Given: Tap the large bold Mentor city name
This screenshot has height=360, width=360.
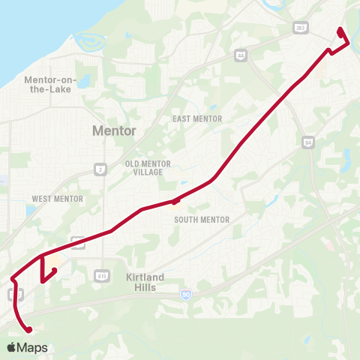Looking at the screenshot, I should point(114,130).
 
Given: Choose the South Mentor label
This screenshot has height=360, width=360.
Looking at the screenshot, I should point(202,220).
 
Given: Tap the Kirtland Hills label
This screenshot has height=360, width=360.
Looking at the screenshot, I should point(145,282).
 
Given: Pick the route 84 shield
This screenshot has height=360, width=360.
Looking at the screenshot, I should point(309,141).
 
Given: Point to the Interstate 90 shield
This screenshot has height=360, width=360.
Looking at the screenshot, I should point(185,295).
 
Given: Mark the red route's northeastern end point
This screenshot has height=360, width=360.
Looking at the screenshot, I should point(340,30).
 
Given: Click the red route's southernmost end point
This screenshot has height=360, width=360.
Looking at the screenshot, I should point(30,329).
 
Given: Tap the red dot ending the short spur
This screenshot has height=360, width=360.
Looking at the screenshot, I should point(55,270).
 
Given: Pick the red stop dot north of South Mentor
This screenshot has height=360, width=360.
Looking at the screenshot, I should point(175,201).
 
